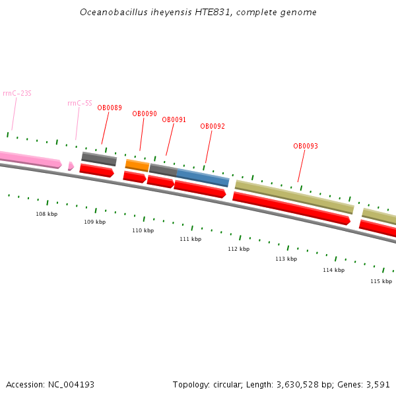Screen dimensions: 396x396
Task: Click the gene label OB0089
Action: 110,108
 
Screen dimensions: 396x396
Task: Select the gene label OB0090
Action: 145,114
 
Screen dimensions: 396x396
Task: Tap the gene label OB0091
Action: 174,120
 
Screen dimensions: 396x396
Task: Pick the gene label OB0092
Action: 213,127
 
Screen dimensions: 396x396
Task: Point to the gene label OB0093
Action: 306,147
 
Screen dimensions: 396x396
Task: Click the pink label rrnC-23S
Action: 17,94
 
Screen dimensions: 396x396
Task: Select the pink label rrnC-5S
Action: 80,103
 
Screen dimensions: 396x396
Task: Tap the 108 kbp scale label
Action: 46,214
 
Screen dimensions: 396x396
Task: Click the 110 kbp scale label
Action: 143,230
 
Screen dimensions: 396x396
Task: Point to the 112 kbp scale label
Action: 238,249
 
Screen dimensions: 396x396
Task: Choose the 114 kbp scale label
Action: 333,270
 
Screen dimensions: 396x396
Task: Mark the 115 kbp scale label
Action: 381,281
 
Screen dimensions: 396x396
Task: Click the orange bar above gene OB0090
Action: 137,165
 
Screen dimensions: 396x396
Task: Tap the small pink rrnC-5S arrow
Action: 71,166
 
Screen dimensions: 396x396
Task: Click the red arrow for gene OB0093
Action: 290,208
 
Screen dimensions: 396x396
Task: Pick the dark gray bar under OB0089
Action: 99,158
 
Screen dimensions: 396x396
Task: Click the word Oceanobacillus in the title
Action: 110,13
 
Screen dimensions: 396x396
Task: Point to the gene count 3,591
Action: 378,384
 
